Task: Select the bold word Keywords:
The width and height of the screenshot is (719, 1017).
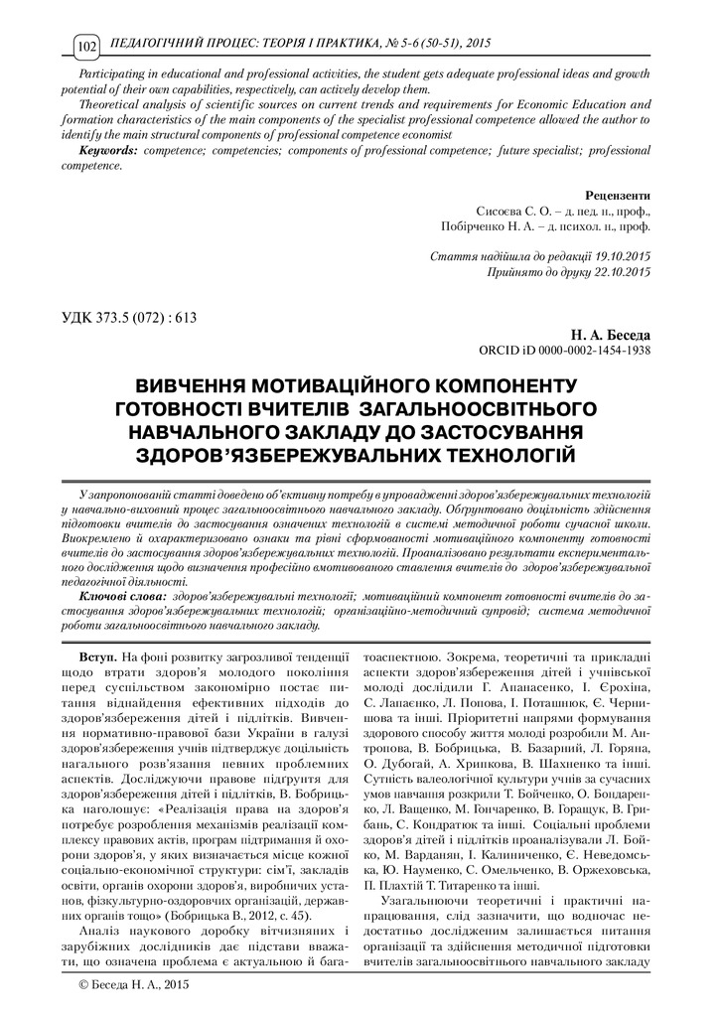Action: (110, 148)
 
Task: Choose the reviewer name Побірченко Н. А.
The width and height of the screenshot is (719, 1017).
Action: (489, 226)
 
